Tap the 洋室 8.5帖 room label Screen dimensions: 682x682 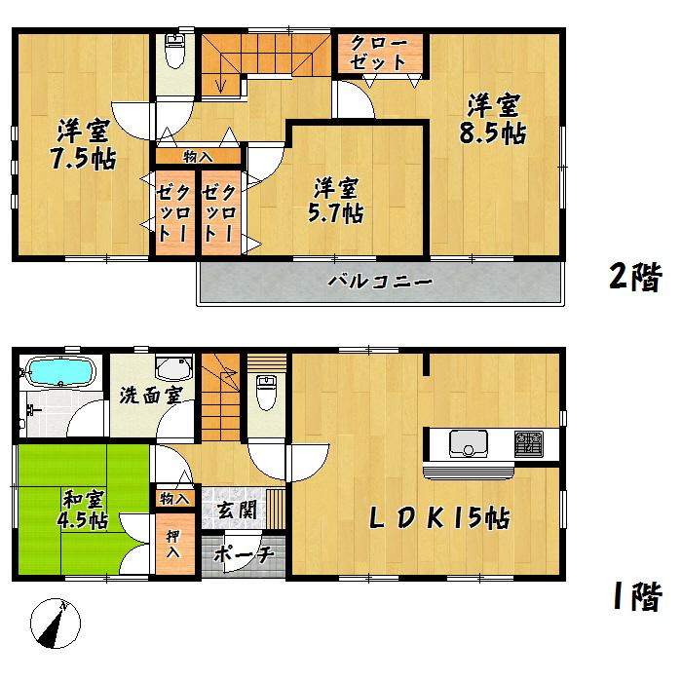tap(494, 119)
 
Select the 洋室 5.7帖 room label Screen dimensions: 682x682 tap(338, 200)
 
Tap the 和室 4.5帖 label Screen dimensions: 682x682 tap(83, 511)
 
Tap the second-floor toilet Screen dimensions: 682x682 tap(175, 51)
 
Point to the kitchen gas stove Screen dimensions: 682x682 tap(527, 443)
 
